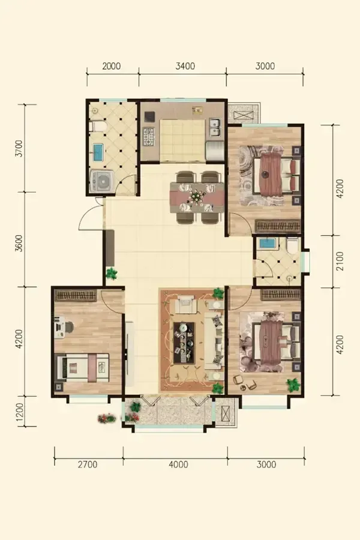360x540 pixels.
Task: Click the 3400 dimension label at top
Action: coord(185,66)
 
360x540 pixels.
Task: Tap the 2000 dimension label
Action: coord(111,66)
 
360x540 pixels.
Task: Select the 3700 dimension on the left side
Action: coord(19,148)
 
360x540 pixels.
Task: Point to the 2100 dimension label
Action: coord(340,261)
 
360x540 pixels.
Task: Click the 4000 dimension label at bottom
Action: coord(178,464)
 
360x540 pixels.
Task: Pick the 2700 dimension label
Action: coord(88,464)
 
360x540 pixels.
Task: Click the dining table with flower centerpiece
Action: coord(197,197)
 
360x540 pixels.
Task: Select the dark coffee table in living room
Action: coord(184,343)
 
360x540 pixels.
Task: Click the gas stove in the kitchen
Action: coord(149,137)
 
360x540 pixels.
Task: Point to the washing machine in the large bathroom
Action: coord(101,181)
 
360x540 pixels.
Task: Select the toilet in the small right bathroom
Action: coord(293,244)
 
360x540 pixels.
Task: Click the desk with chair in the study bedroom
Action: coord(64,327)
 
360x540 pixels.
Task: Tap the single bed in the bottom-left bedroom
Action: coord(83,368)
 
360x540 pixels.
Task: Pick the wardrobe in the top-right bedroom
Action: coord(278,226)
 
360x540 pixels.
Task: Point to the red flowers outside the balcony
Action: coord(107,418)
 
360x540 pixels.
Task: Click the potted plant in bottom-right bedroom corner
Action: coord(293,385)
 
